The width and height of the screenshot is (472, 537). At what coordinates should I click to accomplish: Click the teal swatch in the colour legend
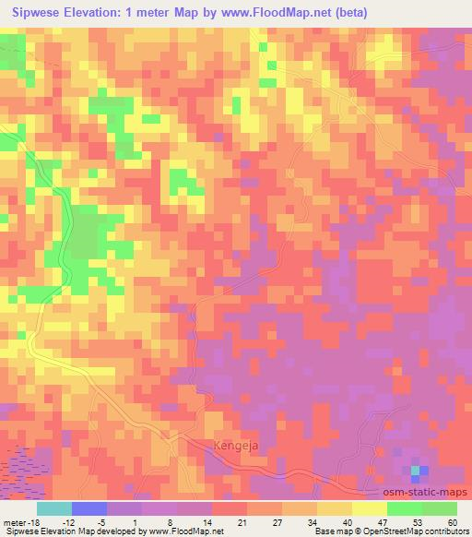(x=54, y=507)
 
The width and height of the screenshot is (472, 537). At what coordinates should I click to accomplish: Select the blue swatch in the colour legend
(x=89, y=507)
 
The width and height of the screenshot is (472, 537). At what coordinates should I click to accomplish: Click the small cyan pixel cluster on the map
(x=416, y=471)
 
